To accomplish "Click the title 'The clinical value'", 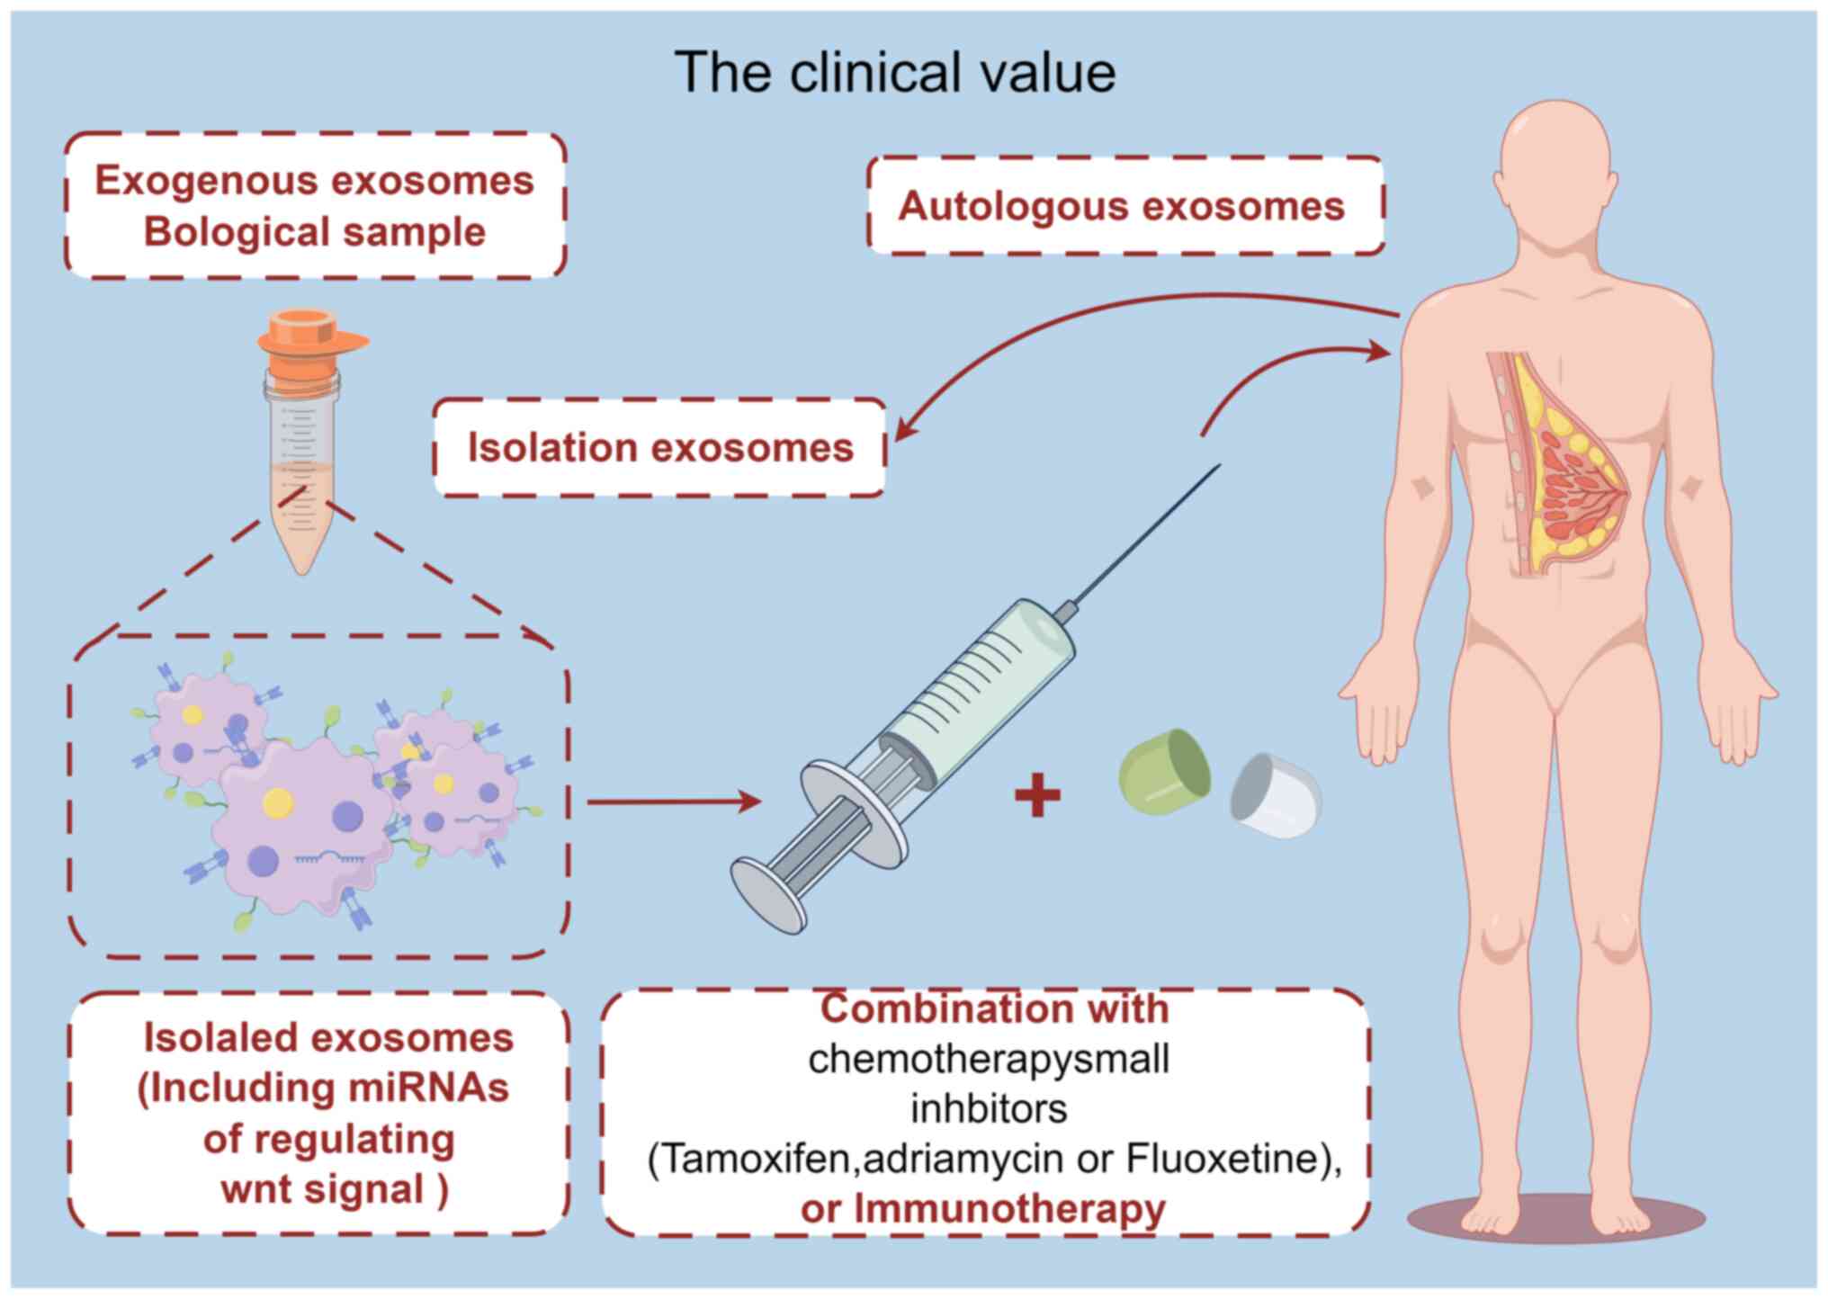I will pyautogui.click(x=894, y=72).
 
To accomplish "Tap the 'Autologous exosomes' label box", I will pyautogui.click(x=1124, y=206).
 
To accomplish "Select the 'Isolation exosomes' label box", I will pyautogui.click(x=659, y=447).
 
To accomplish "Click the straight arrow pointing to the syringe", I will pyautogui.click(x=674, y=801).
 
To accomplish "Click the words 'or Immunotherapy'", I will pyautogui.click(x=982, y=1209).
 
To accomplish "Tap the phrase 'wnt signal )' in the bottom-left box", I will pyautogui.click(x=334, y=1189).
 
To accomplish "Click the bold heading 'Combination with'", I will pyautogui.click(x=994, y=1009).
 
